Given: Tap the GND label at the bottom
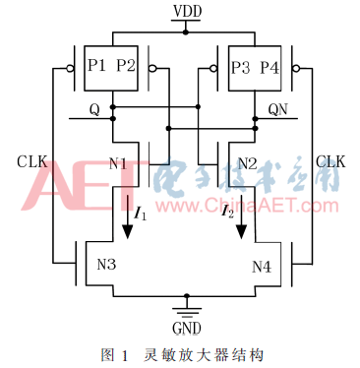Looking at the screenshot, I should coord(184,327).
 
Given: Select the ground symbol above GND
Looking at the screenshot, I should coord(184,307).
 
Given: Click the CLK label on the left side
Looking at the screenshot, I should coord(30,159).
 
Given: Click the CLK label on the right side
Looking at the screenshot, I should coord(331,159).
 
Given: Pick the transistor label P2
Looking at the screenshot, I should coord(125,66).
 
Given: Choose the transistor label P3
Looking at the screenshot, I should coord(240,66).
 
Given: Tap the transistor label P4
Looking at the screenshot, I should coord(269,66).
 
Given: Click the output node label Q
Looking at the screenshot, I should coord(93,109).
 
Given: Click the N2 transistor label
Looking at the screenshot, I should coord(247,161).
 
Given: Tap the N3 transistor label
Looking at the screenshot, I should coord(104,265).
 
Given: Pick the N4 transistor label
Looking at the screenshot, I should coord(262,265).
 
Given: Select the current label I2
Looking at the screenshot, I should coord(227,210).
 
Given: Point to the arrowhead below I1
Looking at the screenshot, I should coord(126,231).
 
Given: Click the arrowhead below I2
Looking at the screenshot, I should coord(240,231).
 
